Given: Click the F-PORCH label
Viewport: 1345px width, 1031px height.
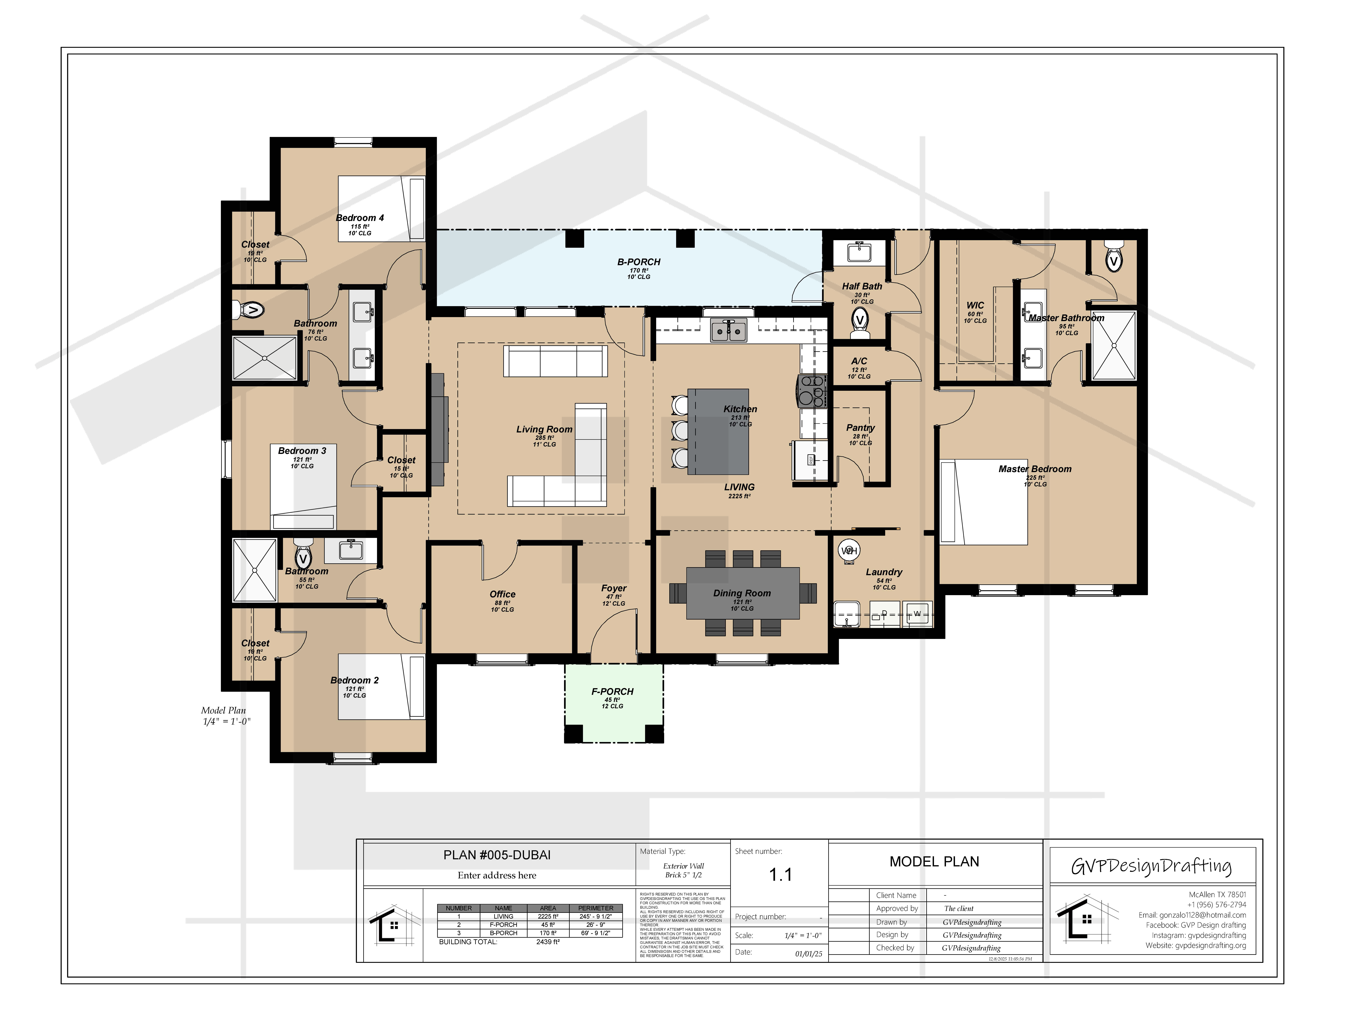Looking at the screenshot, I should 612,692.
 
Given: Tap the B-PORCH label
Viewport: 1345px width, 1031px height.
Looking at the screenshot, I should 638,262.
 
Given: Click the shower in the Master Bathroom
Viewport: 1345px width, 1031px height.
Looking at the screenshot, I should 1114,345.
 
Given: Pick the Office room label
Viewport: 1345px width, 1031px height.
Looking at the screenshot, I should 502,594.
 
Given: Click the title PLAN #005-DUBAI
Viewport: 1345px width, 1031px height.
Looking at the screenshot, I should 497,855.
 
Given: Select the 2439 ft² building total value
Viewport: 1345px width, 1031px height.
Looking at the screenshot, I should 548,942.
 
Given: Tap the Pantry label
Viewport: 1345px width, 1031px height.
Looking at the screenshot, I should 860,428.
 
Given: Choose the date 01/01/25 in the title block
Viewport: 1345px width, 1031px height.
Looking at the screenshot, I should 808,954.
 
